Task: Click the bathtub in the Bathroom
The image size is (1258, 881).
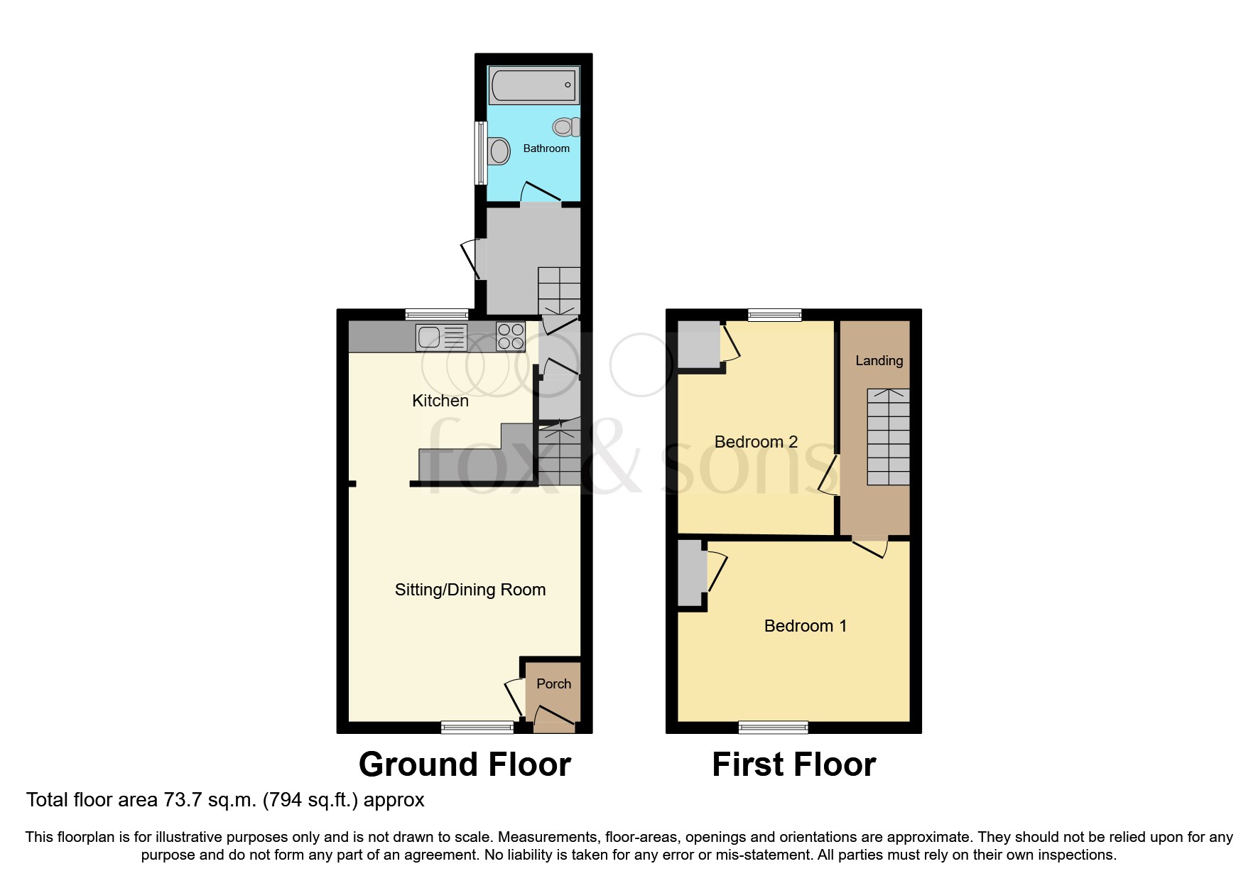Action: tap(533, 85)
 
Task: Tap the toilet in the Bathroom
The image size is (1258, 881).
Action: tap(565, 127)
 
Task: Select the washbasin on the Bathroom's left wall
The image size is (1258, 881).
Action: tap(499, 151)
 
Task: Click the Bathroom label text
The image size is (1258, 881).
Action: tap(546, 148)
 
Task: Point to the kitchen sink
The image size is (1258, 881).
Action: tap(441, 337)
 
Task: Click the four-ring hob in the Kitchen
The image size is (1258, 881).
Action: tap(511, 336)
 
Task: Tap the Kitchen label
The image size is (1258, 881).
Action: tap(440, 401)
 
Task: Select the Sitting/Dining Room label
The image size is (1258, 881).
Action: tap(470, 590)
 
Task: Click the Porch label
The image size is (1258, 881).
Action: tap(553, 683)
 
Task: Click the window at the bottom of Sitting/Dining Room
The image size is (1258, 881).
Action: tap(477, 727)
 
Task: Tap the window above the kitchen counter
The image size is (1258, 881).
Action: tap(437, 314)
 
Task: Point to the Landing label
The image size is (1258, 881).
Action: tap(879, 361)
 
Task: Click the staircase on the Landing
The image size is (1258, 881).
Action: tap(888, 437)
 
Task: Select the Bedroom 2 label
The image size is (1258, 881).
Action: tap(756, 442)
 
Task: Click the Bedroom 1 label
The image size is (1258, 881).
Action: tap(805, 626)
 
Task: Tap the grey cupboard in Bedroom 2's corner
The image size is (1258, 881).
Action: tap(698, 345)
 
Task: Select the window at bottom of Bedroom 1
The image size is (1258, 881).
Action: tap(773, 727)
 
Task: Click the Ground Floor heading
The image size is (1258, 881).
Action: tap(465, 764)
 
